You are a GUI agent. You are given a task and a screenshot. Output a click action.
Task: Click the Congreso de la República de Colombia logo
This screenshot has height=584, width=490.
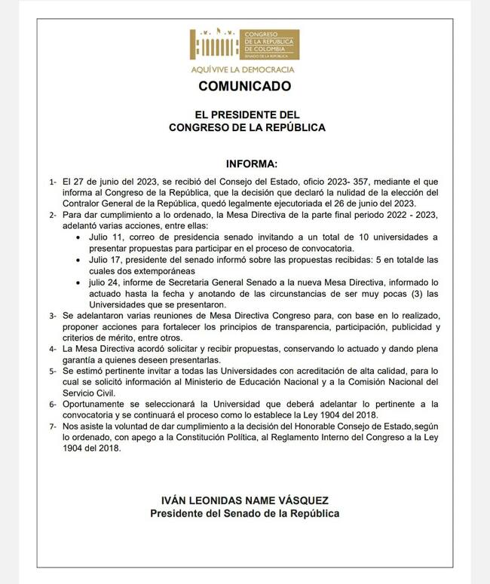pyautogui.click(x=243, y=44)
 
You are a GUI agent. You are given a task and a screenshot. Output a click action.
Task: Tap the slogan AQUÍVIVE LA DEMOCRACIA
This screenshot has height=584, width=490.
pyautogui.click(x=243, y=69)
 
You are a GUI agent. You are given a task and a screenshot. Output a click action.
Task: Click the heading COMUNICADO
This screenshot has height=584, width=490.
pyautogui.click(x=244, y=86)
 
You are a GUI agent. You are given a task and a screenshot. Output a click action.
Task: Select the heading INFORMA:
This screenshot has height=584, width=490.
pyautogui.click(x=252, y=164)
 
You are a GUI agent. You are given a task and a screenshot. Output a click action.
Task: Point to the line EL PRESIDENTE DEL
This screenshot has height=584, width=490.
pyautogui.click(x=247, y=115)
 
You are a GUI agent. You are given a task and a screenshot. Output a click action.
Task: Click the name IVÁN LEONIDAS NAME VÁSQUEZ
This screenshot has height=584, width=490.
pyautogui.click(x=245, y=500)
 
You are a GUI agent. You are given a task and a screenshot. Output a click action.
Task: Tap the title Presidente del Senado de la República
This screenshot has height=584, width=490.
pyautogui.click(x=245, y=513)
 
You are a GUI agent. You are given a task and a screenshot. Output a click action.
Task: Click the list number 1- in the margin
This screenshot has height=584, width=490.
pyautogui.click(x=53, y=183)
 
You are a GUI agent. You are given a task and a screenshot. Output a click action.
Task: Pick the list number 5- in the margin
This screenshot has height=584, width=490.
pyautogui.click(x=53, y=372)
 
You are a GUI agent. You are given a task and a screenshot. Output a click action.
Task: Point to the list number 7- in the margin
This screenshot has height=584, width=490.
pyautogui.click(x=53, y=427)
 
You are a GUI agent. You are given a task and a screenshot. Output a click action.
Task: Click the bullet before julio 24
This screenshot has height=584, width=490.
pyautogui.click(x=81, y=282)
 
